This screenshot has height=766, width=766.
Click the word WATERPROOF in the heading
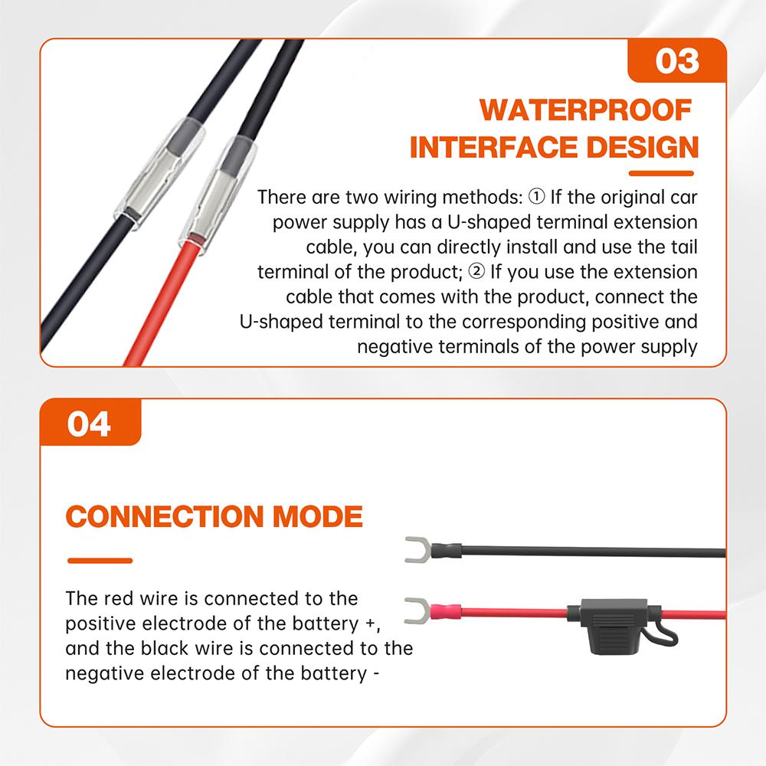click(x=586, y=110)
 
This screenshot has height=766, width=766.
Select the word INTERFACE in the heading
click(x=490, y=147)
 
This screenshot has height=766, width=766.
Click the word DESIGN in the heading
click(x=640, y=147)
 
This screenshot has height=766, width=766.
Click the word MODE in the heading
click(x=318, y=517)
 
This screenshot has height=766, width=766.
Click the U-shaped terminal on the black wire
click(x=417, y=548)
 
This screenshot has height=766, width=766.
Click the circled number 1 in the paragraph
click(x=536, y=197)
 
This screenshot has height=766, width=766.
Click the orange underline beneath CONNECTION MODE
click(x=100, y=561)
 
